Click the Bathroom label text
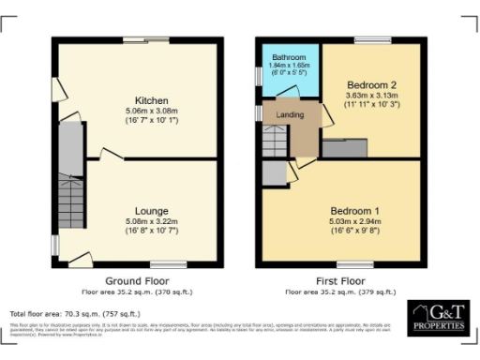[283, 57]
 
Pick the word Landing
[278, 114]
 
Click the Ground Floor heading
[136, 281]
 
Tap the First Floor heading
[340, 281]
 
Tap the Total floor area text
[75, 313]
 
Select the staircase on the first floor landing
[272, 143]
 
